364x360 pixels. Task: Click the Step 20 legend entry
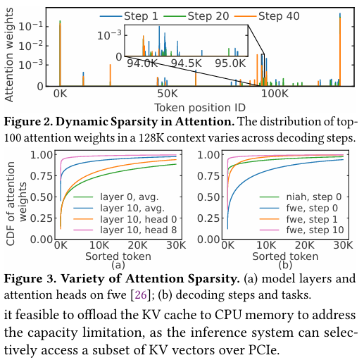(196, 16)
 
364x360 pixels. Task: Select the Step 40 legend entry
(267, 16)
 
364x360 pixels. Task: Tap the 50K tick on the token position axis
(168, 94)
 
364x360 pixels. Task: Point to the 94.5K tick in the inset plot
(186, 63)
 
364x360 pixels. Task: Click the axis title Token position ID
(200, 108)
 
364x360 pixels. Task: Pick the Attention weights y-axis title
(9, 55)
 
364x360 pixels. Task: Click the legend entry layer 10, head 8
(125, 230)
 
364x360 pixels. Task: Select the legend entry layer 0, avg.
(116, 197)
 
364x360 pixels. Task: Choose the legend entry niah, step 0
(301, 197)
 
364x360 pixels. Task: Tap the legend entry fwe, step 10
(302, 230)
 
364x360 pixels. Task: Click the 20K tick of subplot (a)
(138, 245)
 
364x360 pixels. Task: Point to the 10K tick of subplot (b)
(266, 245)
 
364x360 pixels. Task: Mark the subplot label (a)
(118, 265)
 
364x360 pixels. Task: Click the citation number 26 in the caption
(141, 294)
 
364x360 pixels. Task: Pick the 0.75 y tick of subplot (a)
(42, 176)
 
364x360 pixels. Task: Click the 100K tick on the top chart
(275, 94)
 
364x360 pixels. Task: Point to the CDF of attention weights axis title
(16, 204)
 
